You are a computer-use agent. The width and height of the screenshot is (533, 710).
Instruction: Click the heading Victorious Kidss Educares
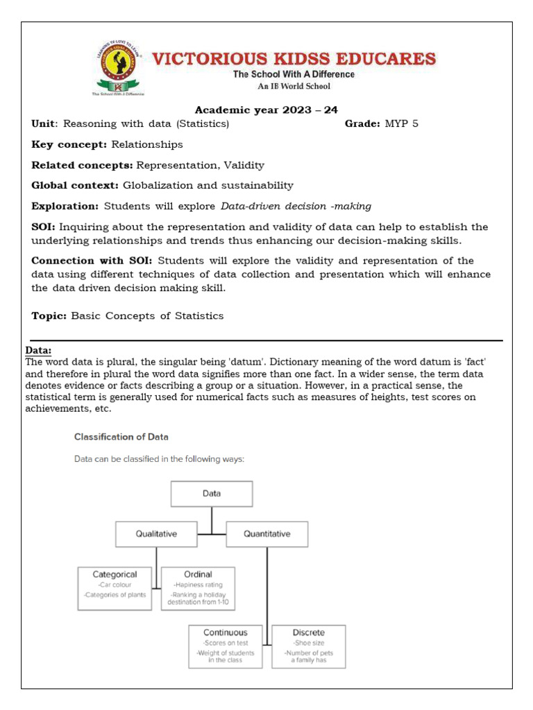(x=294, y=58)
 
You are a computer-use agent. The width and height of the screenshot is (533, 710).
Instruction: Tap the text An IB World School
(x=294, y=87)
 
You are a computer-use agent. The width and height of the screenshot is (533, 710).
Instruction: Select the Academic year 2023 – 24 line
(x=266, y=110)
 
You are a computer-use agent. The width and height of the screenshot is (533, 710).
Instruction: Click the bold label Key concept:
(x=69, y=145)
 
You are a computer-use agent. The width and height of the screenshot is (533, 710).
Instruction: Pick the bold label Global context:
(x=76, y=185)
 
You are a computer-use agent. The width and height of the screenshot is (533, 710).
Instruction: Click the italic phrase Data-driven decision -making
(x=296, y=206)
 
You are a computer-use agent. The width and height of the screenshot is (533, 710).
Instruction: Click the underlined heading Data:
(x=39, y=350)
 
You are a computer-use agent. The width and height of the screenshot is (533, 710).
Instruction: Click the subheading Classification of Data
(x=121, y=437)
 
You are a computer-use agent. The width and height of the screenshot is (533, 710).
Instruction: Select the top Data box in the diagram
(x=212, y=494)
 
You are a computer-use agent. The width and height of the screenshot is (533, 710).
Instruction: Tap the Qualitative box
(x=156, y=534)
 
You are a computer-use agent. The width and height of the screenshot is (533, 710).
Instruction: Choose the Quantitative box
(x=267, y=534)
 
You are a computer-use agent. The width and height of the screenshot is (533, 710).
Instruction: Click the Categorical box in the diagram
(x=115, y=588)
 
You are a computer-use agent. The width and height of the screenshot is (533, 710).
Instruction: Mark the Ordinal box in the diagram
(x=198, y=588)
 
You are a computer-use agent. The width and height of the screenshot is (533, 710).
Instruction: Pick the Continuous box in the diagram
(x=226, y=646)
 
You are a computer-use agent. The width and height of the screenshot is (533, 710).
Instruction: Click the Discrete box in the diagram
(x=308, y=646)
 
